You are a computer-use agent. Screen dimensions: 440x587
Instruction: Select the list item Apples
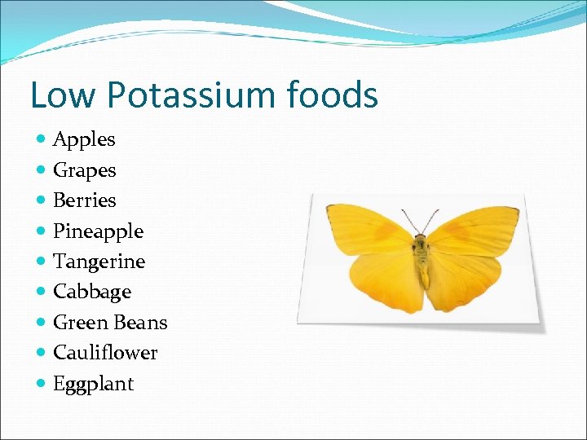coord(84,140)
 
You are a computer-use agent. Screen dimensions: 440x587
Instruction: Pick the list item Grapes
coord(84,171)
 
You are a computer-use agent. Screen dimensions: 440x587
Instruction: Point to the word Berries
coord(84,200)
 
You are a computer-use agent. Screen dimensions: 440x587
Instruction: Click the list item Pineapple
coord(98,231)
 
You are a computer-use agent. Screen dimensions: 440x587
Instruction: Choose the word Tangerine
coord(99,262)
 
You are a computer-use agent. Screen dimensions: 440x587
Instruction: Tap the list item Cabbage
coord(91,292)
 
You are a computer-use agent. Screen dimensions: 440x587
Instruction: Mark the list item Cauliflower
coord(105,353)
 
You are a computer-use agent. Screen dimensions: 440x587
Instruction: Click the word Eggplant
coord(93,384)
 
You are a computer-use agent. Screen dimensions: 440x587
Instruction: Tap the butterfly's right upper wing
coord(473,227)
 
